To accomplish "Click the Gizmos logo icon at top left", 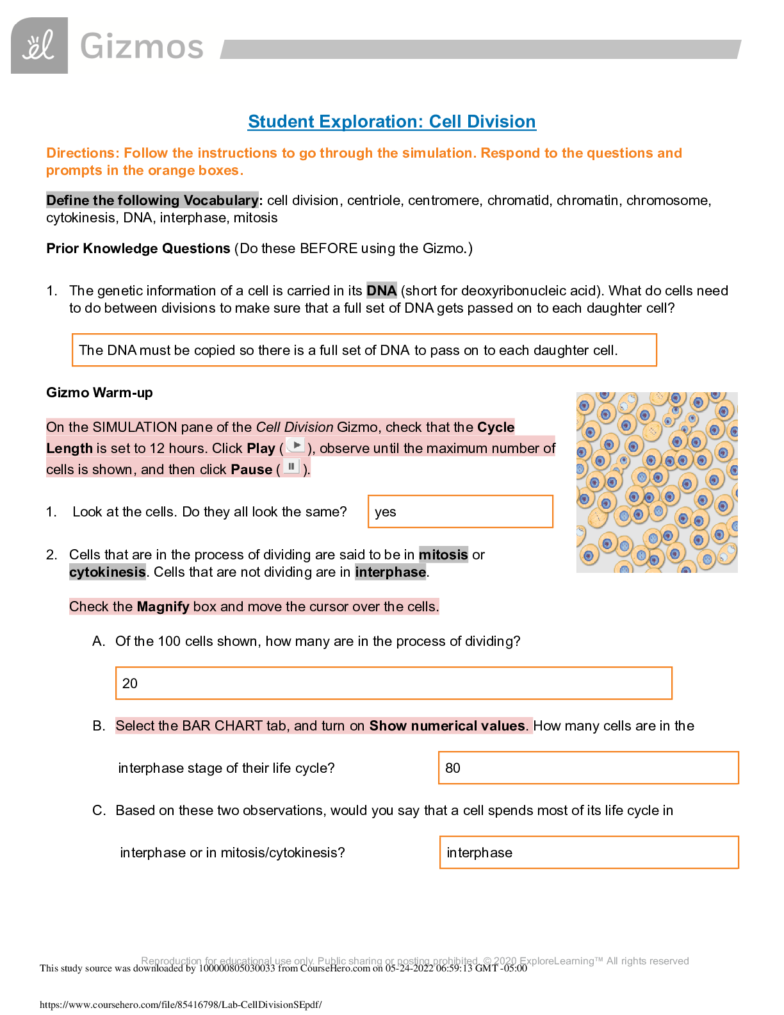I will point(39,45).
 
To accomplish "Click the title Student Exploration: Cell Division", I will point(391,122).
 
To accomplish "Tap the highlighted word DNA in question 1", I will point(381,291).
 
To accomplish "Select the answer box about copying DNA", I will point(364,350).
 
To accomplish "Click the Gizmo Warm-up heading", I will point(99,393).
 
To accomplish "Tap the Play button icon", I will point(295,445).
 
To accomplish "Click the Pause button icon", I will point(291,466).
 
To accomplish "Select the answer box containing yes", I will point(460,511).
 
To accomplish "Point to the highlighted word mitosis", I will point(443,555).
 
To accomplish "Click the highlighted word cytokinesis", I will point(108,572).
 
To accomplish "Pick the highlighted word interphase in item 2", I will point(391,572).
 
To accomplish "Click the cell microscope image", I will point(657,482).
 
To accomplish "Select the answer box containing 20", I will point(393,683).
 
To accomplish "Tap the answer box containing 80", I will point(588,768).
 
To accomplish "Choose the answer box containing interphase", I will point(589,852).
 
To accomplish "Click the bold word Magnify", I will point(163,607).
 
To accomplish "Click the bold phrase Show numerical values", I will point(447,726).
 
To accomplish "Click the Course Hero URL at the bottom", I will point(181,1005).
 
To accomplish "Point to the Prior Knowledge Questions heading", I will point(138,249).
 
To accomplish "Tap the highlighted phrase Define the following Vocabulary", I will point(152,201).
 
